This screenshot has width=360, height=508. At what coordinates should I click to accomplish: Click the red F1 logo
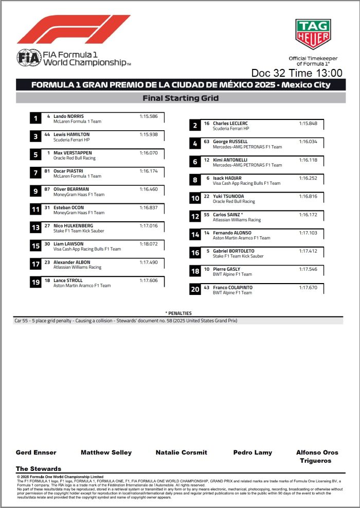[74, 30]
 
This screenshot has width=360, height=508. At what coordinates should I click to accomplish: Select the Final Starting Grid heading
[180, 98]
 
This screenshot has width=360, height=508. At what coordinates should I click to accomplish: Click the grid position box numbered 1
[35, 119]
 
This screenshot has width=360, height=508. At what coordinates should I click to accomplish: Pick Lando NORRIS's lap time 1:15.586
[148, 116]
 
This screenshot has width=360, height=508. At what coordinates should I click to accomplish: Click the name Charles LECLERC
[230, 124]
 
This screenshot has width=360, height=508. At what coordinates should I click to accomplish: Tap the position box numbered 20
[195, 290]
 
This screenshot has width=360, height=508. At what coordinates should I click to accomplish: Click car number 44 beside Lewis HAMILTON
[47, 134]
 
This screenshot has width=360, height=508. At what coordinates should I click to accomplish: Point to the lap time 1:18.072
[148, 243]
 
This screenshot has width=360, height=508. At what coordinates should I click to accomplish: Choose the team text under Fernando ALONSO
[241, 238]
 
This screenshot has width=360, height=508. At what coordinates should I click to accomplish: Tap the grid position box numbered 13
[35, 228]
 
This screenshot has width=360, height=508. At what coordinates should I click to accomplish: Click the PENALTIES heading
[178, 313]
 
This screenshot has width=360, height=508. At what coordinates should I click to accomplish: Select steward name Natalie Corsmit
[181, 452]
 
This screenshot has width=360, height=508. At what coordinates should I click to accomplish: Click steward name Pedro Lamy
[253, 452]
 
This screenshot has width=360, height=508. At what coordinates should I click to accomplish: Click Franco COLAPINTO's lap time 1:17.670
[308, 287]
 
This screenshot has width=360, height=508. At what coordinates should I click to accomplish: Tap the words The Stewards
[39, 469]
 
